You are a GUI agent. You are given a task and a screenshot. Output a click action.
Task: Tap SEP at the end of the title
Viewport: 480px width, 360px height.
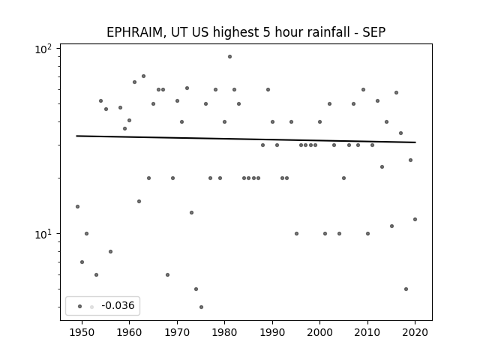click(374, 32)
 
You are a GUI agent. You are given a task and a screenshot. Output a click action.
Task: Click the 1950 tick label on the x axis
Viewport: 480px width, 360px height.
click(82, 332)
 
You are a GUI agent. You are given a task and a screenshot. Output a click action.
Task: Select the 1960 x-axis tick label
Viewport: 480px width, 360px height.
click(129, 332)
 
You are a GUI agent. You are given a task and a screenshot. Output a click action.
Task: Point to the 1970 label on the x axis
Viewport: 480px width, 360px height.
click(177, 332)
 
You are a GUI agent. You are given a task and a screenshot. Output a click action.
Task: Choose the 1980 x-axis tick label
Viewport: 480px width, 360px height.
click(224, 332)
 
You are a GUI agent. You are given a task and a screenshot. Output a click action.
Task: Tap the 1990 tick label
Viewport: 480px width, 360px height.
click(272, 332)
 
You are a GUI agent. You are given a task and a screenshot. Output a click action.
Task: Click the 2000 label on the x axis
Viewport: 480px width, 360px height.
click(320, 332)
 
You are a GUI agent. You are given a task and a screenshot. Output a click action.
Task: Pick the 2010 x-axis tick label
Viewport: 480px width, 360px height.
click(367, 332)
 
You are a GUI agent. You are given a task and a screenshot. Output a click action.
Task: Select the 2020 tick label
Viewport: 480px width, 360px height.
click(415, 332)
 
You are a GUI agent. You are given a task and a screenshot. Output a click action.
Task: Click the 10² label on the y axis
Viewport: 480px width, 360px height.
click(43, 49)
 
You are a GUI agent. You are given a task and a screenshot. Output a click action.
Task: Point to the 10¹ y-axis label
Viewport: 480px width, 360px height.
click(43, 235)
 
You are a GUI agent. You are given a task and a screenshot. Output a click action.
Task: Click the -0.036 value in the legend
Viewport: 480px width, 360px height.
click(118, 305)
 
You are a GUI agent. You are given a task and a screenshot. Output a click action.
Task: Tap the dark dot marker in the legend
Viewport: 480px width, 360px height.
click(79, 306)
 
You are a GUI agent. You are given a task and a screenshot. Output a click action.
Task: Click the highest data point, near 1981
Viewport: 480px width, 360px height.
click(229, 57)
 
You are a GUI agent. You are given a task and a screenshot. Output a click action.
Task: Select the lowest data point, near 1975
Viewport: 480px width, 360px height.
click(201, 307)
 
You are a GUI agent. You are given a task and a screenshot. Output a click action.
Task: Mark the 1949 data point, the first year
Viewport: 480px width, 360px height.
click(77, 207)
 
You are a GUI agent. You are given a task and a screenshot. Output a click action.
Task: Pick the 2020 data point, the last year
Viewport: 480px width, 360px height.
click(415, 219)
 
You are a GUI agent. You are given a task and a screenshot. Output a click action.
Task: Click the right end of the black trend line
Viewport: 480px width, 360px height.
click(415, 142)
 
